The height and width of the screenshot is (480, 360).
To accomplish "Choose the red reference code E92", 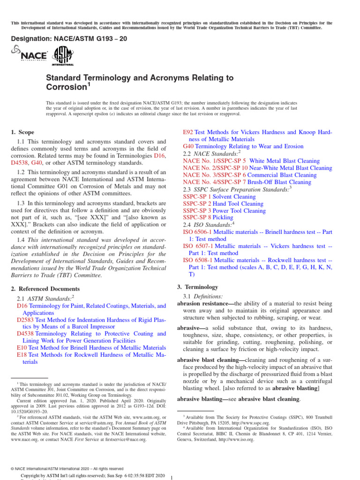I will (187, 133).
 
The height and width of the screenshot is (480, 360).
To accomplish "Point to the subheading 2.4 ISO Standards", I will (208, 225).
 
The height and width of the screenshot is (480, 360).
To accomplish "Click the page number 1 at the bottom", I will (172, 478).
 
